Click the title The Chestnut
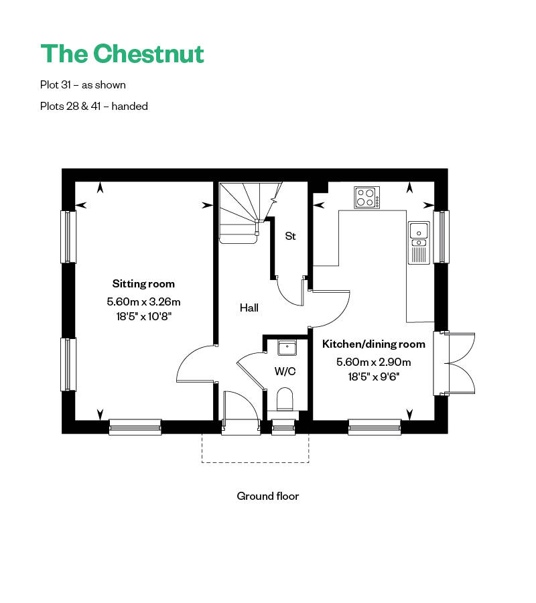pyautogui.click(x=122, y=54)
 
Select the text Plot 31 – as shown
pyautogui.click(x=83, y=85)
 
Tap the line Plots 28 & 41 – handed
pyautogui.click(x=94, y=106)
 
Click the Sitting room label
pyautogui.click(x=143, y=283)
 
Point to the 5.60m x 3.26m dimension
pyautogui.click(x=143, y=302)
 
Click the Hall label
pyautogui.click(x=249, y=308)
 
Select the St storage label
pyautogui.click(x=290, y=237)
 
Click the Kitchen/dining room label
pyautogui.click(x=374, y=344)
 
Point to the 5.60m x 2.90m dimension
pyautogui.click(x=374, y=362)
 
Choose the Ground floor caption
pyautogui.click(x=267, y=496)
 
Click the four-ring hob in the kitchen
pyautogui.click(x=366, y=198)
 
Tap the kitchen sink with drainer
pyautogui.click(x=418, y=242)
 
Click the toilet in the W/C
pyautogui.click(x=285, y=398)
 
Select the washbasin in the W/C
pyautogui.click(x=287, y=347)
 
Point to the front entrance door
pyautogui.click(x=239, y=409)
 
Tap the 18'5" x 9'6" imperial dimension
pyautogui.click(x=374, y=377)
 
